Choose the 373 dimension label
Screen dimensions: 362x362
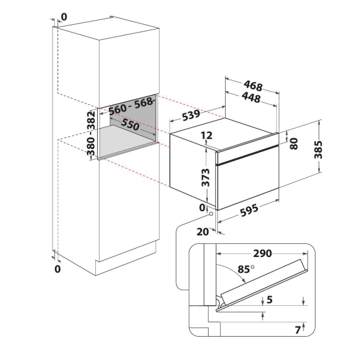coord(206,177)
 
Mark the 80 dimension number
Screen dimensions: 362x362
coord(294,144)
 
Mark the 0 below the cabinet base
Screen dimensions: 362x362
coord(57,268)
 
